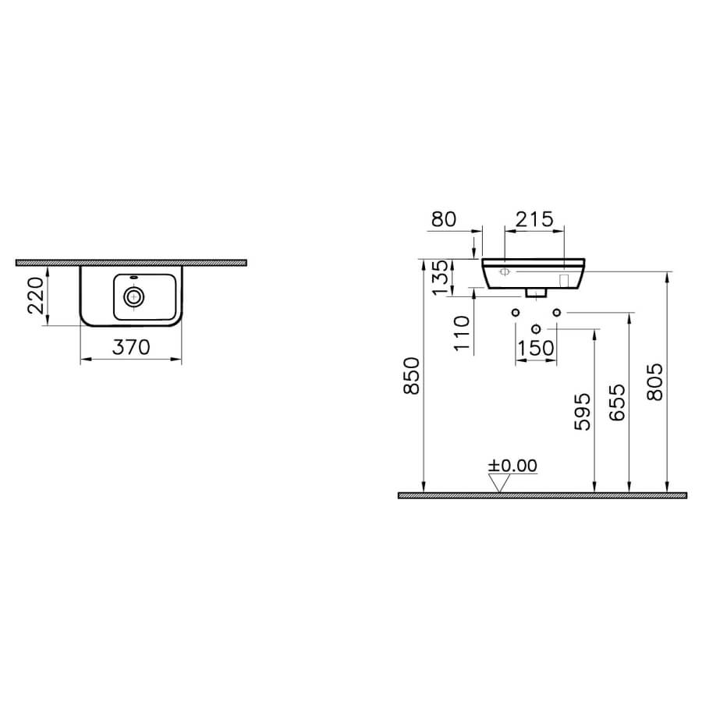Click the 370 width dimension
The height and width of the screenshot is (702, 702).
[131, 347]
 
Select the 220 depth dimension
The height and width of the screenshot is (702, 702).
[36, 295]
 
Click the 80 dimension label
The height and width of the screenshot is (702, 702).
[444, 219]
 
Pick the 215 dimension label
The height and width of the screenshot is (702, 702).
[534, 219]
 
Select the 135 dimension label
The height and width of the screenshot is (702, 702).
[441, 277]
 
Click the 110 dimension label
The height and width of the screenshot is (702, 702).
[462, 334]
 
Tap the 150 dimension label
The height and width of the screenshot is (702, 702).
[536, 348]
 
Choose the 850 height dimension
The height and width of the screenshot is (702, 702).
[411, 376]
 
